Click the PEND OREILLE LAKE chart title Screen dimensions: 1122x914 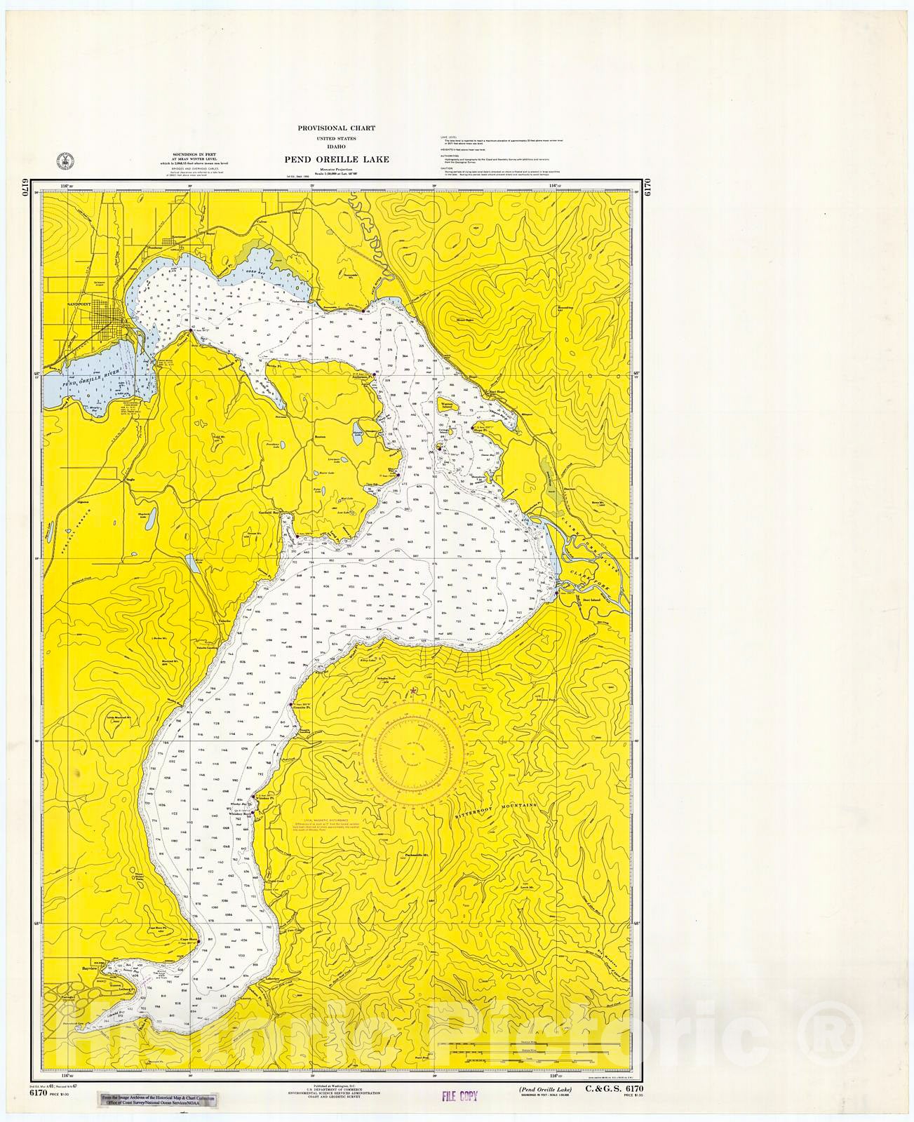point(336,159)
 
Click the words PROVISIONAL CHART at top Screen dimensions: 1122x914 point(336,128)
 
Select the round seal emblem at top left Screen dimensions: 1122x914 point(63,159)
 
